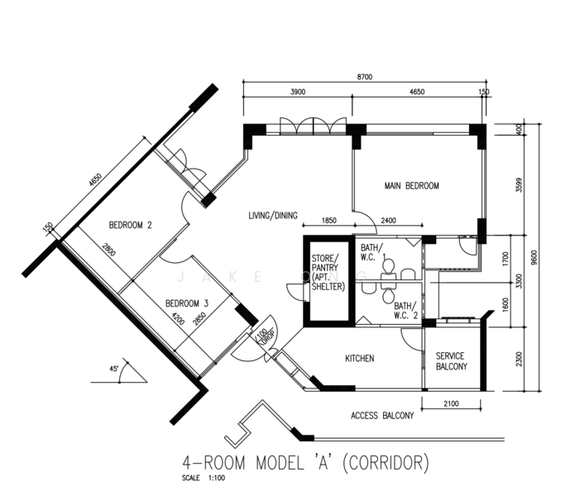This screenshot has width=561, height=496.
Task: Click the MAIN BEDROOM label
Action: [411, 186]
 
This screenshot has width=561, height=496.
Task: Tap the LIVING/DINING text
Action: [273, 216]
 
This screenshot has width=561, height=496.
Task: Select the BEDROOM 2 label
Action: [130, 225]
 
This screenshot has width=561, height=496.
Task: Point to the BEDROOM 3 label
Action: [187, 303]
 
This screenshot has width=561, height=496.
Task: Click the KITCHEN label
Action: [360, 359]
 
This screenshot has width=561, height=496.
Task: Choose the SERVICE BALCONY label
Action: [452, 361]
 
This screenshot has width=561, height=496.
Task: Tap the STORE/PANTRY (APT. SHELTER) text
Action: [328, 273]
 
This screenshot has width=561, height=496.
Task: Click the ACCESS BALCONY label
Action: [382, 416]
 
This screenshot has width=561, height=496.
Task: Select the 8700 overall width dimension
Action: [365, 77]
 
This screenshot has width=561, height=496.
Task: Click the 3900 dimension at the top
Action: [298, 92]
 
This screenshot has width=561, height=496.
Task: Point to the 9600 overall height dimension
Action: [535, 257]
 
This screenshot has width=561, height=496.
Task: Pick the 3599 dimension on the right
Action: [519, 185]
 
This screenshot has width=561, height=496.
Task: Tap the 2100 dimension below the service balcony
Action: [451, 403]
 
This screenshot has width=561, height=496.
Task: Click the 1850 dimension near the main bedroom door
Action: [328, 221]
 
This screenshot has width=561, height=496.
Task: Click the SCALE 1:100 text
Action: [204, 478]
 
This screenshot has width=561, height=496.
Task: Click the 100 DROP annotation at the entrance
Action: [266, 336]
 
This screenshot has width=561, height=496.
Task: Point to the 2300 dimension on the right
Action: [519, 359]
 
